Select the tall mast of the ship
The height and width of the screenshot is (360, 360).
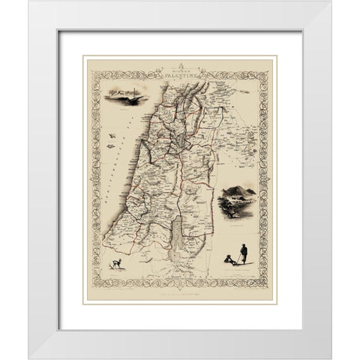point(123,89)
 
